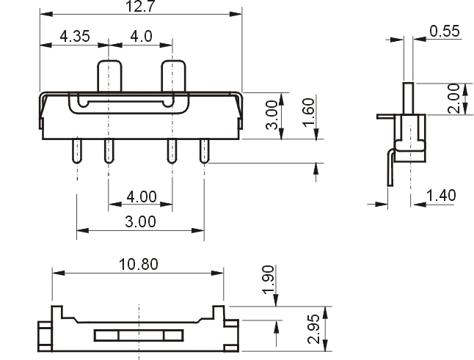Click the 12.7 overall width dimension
coord(139,7)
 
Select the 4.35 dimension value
coord(75,36)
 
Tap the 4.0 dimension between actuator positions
coord(141,36)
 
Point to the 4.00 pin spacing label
coord(142,196)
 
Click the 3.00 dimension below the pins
coord(141,221)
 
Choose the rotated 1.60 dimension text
coord(309,112)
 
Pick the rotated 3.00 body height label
coord(271,115)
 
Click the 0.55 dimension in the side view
coord(445,31)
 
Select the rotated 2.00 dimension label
coord(453,99)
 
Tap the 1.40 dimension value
coord(441,196)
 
